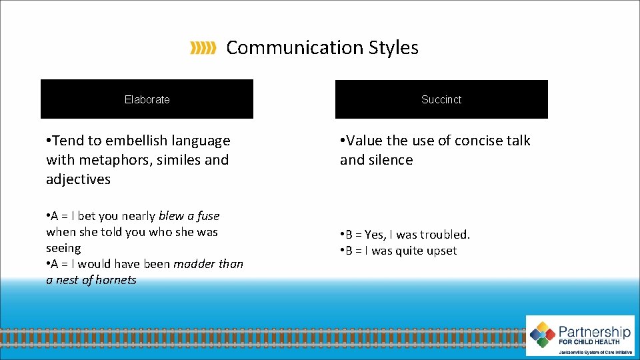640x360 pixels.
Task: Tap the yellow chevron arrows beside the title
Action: [x=203, y=48]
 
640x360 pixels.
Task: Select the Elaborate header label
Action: [x=147, y=99]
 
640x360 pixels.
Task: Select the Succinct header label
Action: [x=441, y=99]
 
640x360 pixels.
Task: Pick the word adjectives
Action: [x=78, y=179]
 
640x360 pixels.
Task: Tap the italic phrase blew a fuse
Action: [x=189, y=216]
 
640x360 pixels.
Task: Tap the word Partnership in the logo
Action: [x=595, y=332]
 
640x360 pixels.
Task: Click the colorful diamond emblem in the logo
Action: [x=543, y=335]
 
